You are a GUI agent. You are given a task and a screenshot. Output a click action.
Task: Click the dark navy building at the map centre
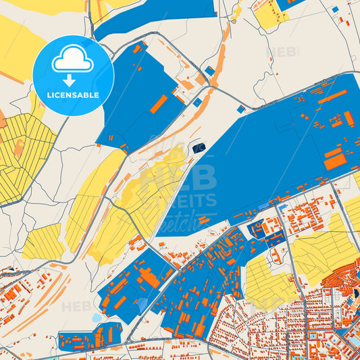pyautogui.click(x=199, y=148)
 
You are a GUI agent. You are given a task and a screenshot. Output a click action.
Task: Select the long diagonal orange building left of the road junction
pyautogui.click(x=159, y=103)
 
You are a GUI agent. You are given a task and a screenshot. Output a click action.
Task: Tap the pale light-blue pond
pyautogui.click(x=97, y=317)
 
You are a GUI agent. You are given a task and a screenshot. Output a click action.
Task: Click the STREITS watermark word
pyautogui.click(x=195, y=200)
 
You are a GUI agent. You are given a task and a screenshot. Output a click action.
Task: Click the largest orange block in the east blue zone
pyautogui.click(x=334, y=163)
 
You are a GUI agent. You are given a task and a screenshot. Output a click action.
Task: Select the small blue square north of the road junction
pyautogui.click(x=210, y=71)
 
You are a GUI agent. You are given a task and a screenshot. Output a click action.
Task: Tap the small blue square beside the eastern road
pyautogui.click(x=240, y=108)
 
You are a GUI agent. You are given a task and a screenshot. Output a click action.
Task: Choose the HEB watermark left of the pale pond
pyautogui.click(x=76, y=307)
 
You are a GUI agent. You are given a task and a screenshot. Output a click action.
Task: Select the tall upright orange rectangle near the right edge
pyautogui.click(x=349, y=119)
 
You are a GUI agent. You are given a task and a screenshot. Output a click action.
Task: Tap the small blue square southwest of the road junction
pyautogui.click(x=197, y=103)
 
